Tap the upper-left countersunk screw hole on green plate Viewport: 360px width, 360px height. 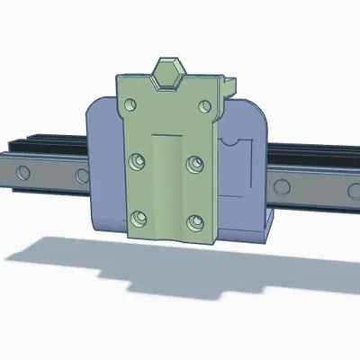(x=138, y=162)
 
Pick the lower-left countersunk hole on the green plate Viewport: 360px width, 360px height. (x=138, y=218)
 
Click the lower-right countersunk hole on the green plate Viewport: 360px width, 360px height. (x=193, y=219)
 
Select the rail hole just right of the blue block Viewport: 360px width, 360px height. (x=283, y=187)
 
